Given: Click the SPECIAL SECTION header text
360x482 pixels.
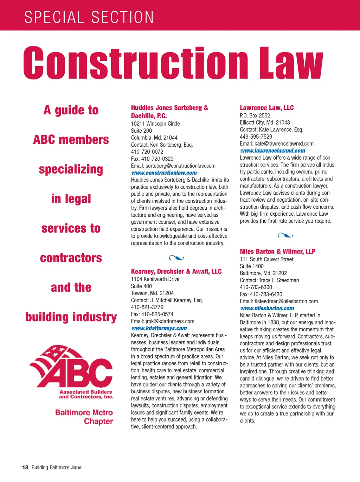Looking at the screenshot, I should pyautogui.click(x=89, y=17).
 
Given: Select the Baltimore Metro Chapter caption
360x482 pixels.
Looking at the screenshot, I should pyautogui.click(x=84, y=417).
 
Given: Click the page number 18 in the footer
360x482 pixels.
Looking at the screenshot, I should pyautogui.click(x=25, y=468).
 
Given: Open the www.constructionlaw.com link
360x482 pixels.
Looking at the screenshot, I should pyautogui.click(x=164, y=173).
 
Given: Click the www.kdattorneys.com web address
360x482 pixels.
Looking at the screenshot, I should pyautogui.click(x=159, y=328).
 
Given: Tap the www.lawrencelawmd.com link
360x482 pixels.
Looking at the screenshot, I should pyautogui.click(x=272, y=151).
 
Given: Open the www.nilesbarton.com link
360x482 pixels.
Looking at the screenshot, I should pyautogui.click(x=267, y=308).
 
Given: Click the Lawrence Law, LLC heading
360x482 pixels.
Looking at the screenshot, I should pyautogui.click(x=266, y=108).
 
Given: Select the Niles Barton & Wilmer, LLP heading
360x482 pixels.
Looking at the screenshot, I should pyautogui.click(x=277, y=251).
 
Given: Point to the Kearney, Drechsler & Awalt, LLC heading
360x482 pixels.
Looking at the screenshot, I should pyautogui.click(x=176, y=271).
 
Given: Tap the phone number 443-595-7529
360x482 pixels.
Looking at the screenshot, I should pyautogui.click(x=256, y=137).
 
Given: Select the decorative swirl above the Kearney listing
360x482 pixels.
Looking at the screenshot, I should pyautogui.click(x=176, y=258).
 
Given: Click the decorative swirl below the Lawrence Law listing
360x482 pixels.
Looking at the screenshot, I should pyautogui.click(x=285, y=235).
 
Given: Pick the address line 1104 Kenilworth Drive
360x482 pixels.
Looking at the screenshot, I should pyautogui.click(x=155, y=279).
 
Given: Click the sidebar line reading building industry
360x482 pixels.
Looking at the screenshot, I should pyautogui.click(x=71, y=317).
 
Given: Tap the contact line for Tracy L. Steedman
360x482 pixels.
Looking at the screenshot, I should pyautogui.click(x=269, y=280).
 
